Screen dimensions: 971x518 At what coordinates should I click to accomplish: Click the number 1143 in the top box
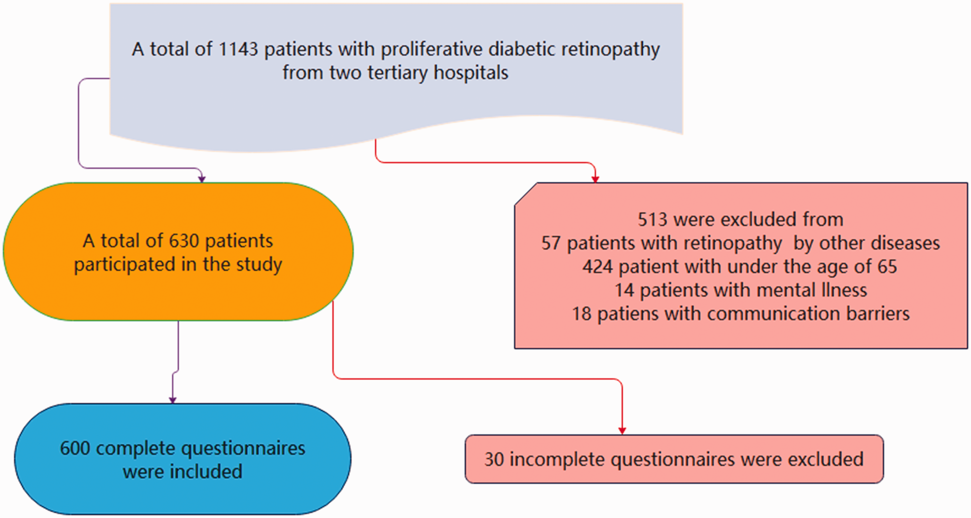pyautogui.click(x=238, y=49)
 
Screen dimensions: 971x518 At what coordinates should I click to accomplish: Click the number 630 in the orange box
pyautogui.click(x=184, y=241)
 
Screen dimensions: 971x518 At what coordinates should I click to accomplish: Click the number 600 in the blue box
pyautogui.click(x=75, y=448)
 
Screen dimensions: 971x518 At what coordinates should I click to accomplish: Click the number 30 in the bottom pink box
pyautogui.click(x=494, y=460)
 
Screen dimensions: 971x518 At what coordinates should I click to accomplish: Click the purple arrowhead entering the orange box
pyautogui.click(x=202, y=179)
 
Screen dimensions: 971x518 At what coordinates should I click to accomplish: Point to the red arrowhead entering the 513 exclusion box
pyautogui.click(x=595, y=179)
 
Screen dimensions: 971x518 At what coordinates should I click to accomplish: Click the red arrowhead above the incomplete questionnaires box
pyautogui.click(x=622, y=431)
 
